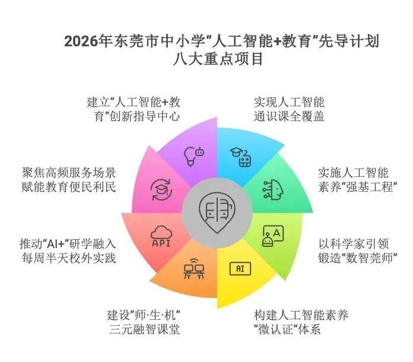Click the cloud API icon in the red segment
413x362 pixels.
(161, 235)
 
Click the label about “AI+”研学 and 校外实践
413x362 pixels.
(68, 250)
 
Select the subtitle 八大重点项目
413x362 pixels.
(218, 60)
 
